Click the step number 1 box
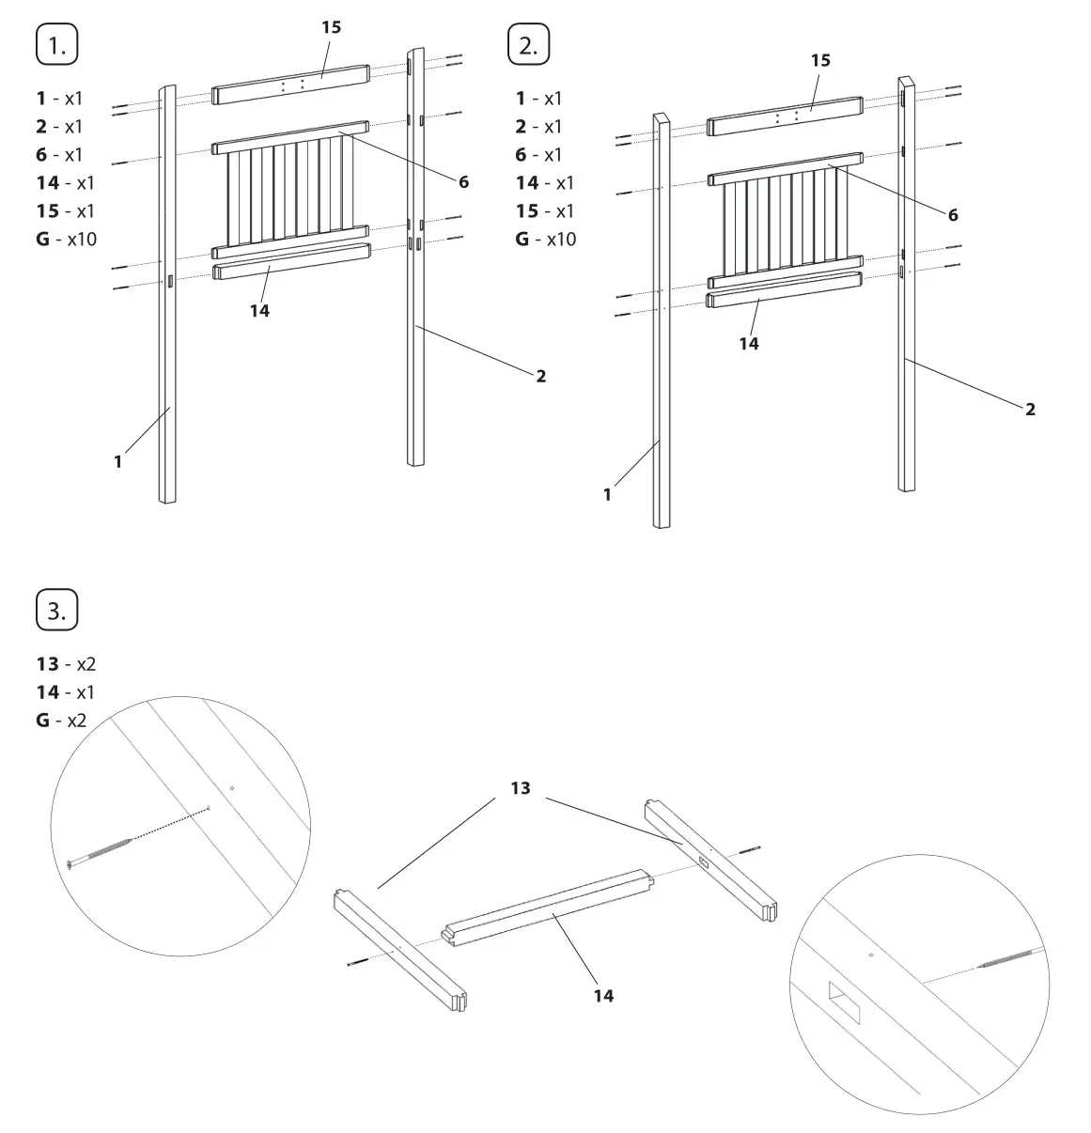(x=56, y=46)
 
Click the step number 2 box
(x=528, y=46)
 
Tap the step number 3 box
(x=56, y=611)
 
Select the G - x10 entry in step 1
(x=66, y=239)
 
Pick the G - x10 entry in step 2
(x=545, y=239)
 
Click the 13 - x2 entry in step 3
(x=66, y=664)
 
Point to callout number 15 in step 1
(x=331, y=27)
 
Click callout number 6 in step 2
(x=953, y=215)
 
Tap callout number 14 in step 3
(x=603, y=995)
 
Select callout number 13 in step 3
(x=521, y=788)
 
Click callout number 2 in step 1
(x=540, y=376)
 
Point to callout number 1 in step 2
(x=607, y=494)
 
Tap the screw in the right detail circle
(x=1011, y=959)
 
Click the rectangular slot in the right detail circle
(x=845, y=1003)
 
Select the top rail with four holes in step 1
(x=290, y=84)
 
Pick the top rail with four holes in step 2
(x=785, y=116)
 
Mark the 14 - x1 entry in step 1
(x=66, y=182)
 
